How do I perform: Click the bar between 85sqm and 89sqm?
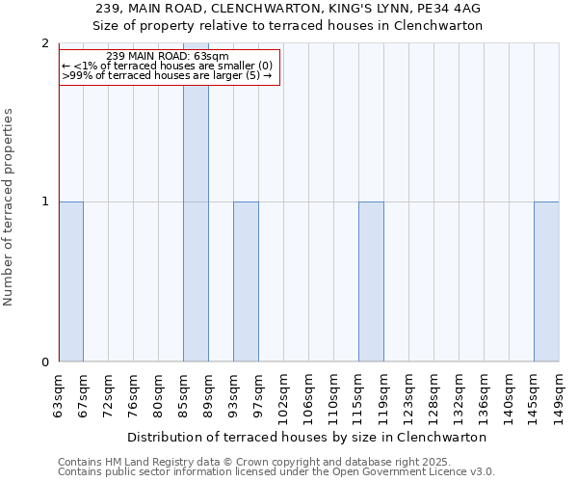(196, 202)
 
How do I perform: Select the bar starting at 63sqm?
(70, 281)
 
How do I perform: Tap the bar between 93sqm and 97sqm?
(246, 281)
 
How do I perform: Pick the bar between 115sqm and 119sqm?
(371, 281)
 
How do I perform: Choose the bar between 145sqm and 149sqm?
(546, 281)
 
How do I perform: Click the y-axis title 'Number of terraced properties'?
(9, 206)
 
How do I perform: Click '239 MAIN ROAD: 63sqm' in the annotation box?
(168, 57)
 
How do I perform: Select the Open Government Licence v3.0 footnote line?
(276, 472)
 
